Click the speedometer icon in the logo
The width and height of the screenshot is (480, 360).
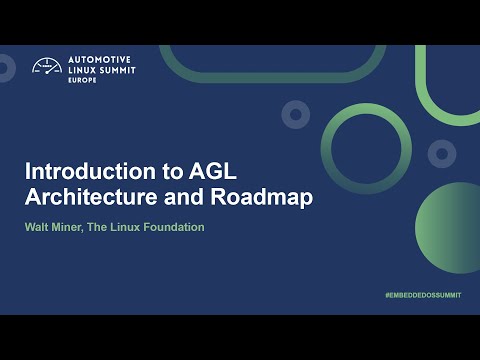pyautogui.click(x=47, y=67)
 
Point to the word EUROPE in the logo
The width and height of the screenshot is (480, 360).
pyautogui.click(x=81, y=82)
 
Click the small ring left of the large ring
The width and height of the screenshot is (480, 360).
pyautogui.click(x=294, y=114)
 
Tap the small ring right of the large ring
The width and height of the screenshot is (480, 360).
pyautogui.click(x=442, y=153)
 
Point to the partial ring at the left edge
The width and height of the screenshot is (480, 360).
pyautogui.click(x=5, y=68)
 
